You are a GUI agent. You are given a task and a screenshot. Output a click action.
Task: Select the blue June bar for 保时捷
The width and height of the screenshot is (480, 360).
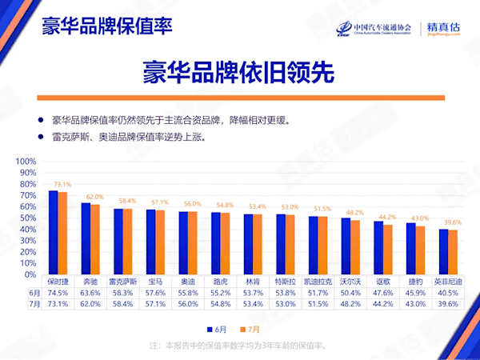click(54, 232)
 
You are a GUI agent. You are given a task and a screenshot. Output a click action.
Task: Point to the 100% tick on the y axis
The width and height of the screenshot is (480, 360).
click(26, 161)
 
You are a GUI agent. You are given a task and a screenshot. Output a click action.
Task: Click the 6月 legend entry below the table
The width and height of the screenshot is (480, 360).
click(216, 329)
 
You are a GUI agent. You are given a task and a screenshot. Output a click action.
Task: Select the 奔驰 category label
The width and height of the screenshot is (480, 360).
click(92, 282)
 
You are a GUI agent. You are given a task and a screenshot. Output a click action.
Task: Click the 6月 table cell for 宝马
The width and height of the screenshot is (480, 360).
click(155, 293)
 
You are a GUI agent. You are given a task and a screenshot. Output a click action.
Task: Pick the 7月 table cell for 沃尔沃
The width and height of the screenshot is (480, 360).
click(351, 304)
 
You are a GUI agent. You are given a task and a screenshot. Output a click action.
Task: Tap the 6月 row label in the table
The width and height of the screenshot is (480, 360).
click(34, 293)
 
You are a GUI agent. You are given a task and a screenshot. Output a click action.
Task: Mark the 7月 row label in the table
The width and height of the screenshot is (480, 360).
click(34, 304)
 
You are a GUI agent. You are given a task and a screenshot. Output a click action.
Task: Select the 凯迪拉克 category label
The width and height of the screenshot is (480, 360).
click(318, 282)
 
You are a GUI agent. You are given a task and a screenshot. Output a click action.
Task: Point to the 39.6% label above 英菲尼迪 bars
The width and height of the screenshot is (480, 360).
click(454, 222)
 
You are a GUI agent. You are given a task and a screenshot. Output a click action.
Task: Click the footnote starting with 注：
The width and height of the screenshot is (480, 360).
click(240, 346)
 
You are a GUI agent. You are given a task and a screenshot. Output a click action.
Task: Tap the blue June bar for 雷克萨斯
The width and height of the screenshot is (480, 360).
click(118, 241)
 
